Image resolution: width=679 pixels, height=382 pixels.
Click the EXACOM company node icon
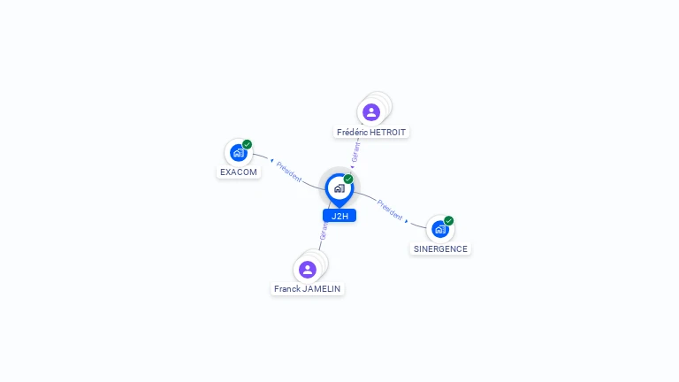[238, 153]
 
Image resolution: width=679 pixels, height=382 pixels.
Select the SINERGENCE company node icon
[439, 229]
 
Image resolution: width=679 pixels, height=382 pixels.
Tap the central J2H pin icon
[339, 187]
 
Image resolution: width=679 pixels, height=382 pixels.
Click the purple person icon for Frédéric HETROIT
[370, 112]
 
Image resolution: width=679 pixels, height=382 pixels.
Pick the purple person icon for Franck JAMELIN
[307, 269]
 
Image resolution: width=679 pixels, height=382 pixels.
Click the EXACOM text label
[239, 172]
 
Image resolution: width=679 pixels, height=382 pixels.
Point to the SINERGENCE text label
[440, 248]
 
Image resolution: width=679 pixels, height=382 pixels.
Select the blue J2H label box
[339, 216]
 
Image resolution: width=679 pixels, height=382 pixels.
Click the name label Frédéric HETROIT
[371, 132]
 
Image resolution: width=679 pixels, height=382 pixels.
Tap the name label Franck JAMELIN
[307, 288]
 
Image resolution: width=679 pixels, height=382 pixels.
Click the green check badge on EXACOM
[248, 144]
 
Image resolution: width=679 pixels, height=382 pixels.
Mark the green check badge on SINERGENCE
[449, 220]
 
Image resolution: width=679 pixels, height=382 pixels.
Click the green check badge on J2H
[348, 179]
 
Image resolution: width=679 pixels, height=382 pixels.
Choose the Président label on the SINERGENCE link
[389, 209]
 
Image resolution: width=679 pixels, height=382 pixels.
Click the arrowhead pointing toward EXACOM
[271, 161]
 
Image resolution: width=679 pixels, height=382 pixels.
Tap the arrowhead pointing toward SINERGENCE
[407, 220]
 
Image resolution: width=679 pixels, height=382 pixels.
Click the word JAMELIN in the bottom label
[321, 288]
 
